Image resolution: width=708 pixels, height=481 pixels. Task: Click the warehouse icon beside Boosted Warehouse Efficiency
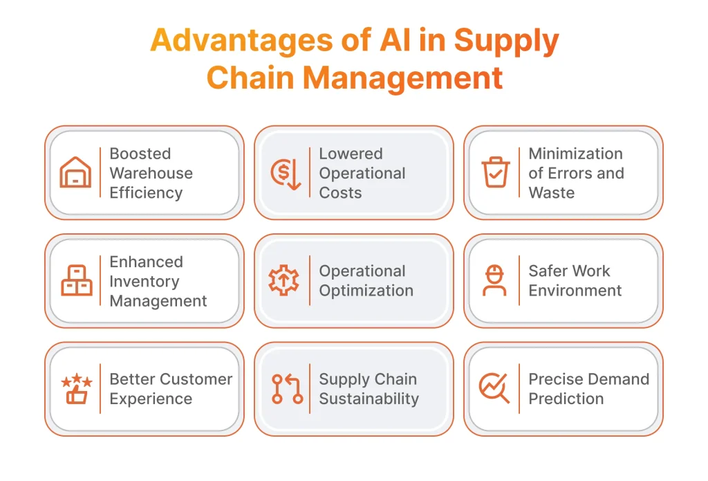(x=75, y=172)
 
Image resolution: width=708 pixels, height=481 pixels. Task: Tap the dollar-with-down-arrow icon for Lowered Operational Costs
(x=285, y=173)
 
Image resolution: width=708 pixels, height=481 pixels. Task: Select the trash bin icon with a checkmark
(x=495, y=172)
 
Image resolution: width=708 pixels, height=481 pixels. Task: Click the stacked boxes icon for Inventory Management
(x=76, y=281)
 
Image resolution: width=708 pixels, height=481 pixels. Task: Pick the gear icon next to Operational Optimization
(x=285, y=281)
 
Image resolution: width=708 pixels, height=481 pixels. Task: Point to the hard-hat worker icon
(x=494, y=280)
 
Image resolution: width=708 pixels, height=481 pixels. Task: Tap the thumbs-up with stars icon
(x=76, y=389)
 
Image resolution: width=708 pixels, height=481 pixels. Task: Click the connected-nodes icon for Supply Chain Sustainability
(x=286, y=389)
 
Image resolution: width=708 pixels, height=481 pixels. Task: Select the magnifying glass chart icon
(x=494, y=388)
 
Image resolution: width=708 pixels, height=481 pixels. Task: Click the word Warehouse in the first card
(x=151, y=173)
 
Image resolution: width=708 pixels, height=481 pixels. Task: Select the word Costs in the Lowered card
(x=340, y=192)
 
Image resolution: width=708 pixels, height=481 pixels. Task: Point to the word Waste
(x=551, y=192)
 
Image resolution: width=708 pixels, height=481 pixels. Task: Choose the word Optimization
(x=366, y=291)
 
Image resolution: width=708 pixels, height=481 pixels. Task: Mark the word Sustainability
(x=369, y=399)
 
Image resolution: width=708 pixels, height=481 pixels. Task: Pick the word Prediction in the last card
(x=566, y=399)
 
